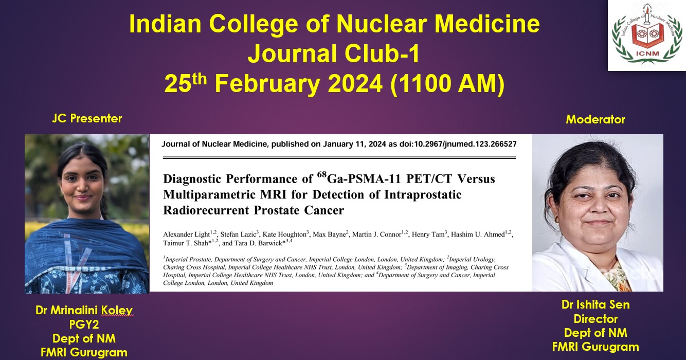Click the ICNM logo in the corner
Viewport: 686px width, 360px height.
[647, 35]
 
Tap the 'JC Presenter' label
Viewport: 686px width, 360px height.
[87, 118]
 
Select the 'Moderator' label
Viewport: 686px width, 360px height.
[595, 119]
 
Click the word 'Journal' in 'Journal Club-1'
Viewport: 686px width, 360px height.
[292, 53]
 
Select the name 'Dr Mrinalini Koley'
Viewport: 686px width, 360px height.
[84, 310]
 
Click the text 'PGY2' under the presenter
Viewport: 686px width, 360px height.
[84, 324]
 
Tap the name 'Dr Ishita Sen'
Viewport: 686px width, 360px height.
[595, 304]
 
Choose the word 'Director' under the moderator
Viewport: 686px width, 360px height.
[595, 319]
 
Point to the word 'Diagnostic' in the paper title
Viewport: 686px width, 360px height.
[192, 178]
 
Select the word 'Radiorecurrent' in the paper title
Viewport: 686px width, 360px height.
[206, 210]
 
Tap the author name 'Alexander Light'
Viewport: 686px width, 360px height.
[186, 235]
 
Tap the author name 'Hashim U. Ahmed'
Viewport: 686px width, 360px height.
[478, 235]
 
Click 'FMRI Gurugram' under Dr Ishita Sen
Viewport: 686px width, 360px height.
[595, 347]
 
